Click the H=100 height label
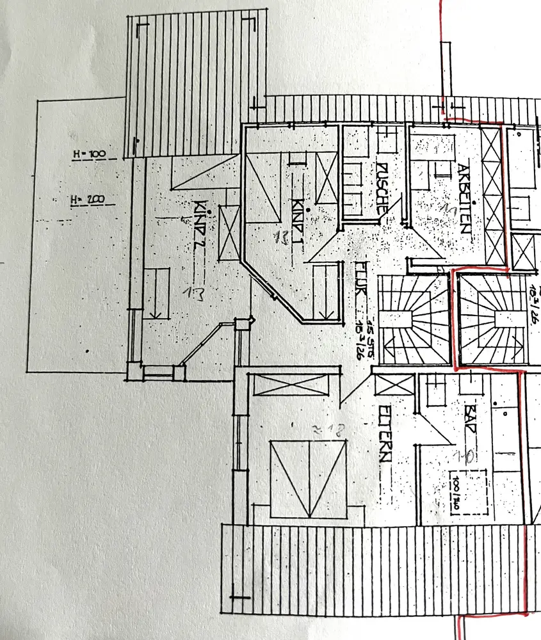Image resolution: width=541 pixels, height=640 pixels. point(89,155)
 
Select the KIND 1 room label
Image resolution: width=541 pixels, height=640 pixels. point(298,198)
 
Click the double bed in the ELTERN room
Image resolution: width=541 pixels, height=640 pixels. point(309,478)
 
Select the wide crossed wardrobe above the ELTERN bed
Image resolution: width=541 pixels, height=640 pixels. point(291,385)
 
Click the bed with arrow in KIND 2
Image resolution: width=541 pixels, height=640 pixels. point(156,293)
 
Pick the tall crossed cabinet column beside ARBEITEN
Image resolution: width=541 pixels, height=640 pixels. point(492,195)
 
